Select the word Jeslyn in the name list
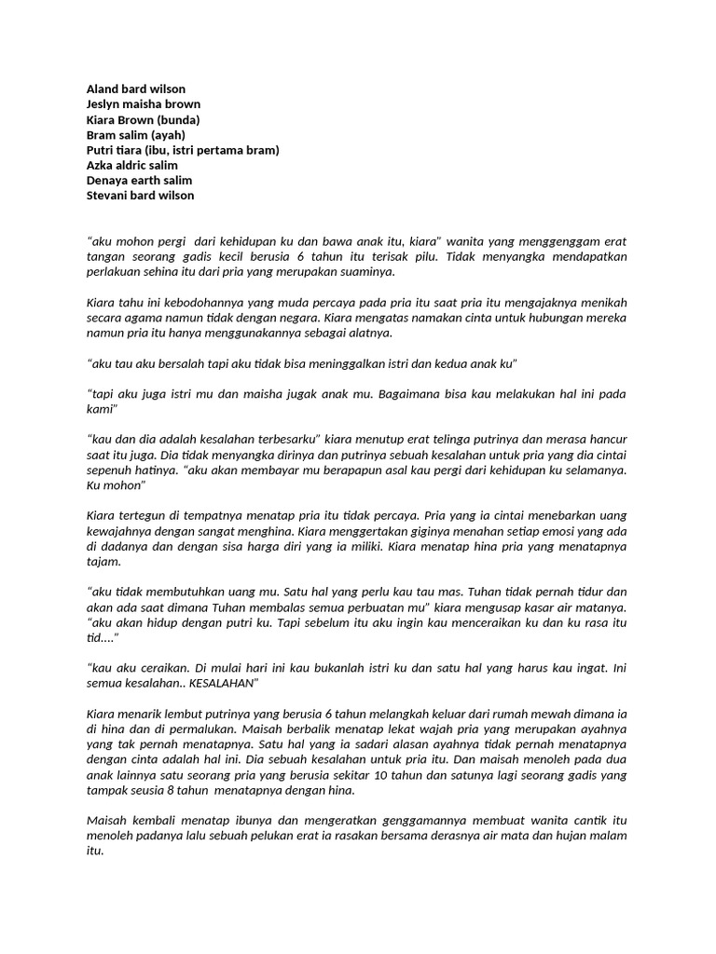tap(104, 104)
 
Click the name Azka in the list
tap(101, 165)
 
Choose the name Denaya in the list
tap(109, 180)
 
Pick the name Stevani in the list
tap(109, 195)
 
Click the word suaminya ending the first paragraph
tap(368, 272)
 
